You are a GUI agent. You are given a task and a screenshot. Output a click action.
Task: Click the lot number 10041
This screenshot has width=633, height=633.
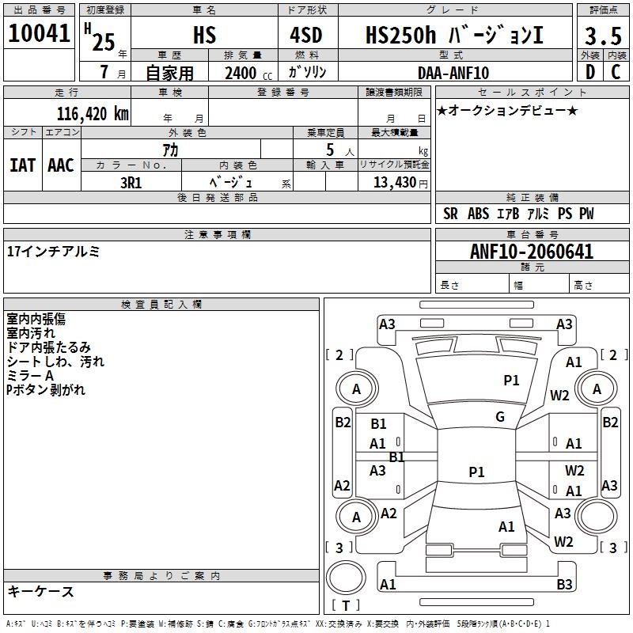point(39,33)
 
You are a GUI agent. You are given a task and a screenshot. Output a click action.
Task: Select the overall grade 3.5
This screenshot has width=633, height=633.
point(603,36)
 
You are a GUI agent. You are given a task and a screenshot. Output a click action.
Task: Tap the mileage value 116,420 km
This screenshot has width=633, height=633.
point(93,114)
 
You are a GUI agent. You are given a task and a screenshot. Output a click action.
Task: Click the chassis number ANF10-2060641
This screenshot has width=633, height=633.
point(532,252)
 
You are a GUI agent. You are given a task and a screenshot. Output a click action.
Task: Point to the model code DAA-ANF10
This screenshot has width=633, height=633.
point(453,73)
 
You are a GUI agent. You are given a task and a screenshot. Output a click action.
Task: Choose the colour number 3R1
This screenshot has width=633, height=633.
point(131,183)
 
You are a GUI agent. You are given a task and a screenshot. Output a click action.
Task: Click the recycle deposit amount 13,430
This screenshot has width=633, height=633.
point(395,182)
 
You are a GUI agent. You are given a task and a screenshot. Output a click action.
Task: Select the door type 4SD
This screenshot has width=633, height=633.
point(306,35)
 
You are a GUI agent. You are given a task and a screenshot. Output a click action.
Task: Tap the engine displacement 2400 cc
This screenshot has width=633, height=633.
point(248,73)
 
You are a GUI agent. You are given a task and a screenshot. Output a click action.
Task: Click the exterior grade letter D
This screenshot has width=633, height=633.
point(590,72)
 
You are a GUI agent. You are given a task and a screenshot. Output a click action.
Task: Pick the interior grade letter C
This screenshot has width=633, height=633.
point(616,72)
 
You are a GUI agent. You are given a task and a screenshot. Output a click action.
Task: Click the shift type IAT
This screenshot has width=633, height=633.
point(23,165)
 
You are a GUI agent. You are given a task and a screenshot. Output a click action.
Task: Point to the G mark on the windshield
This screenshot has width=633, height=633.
point(500,417)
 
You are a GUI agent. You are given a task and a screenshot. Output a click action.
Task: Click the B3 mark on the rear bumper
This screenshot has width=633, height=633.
point(564,584)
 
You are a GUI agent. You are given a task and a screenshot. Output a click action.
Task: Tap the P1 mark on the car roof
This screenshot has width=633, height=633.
point(476,472)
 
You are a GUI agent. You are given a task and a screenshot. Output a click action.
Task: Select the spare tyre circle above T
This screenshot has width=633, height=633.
point(346,578)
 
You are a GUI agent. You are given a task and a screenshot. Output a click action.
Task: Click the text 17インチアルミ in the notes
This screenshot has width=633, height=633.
point(53,252)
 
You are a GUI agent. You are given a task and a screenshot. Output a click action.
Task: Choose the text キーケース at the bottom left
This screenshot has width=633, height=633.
point(40,591)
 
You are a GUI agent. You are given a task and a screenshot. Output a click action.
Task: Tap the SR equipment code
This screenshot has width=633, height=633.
point(450,214)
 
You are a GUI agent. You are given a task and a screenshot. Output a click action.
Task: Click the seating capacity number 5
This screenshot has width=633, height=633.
point(330,150)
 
